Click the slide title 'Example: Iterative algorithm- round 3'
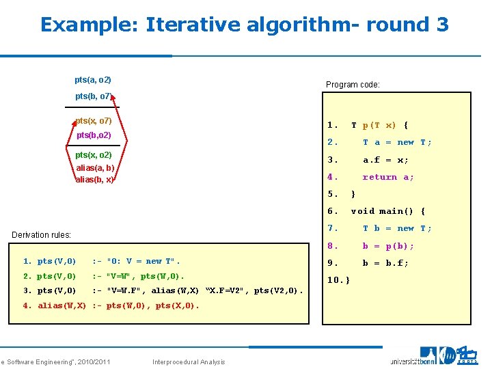pos(244,25)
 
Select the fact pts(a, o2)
pos(93,81)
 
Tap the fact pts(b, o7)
pos(94,96)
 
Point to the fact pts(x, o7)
pos(94,121)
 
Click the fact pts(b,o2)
pos(94,135)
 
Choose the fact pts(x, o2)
pos(94,155)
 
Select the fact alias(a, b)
pos(95,167)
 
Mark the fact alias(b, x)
pos(94,179)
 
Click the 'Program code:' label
pos(353,85)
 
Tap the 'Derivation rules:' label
pos(42,235)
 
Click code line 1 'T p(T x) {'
pos(379,125)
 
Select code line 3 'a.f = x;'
pos(385,159)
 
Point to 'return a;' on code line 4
pos(388,177)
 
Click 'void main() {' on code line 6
pos(387,211)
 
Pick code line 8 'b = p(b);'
pos(388,245)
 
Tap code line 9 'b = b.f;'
pos(385,262)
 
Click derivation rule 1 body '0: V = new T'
pos(143,261)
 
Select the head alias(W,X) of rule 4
pos(61,305)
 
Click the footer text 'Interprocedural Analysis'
pos(189,361)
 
